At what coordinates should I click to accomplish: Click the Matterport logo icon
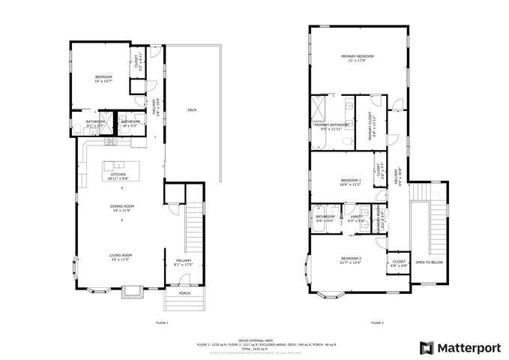426,347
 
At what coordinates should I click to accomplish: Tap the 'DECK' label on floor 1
192,110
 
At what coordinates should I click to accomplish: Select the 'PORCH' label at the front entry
184,293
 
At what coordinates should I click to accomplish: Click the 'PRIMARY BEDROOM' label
358,57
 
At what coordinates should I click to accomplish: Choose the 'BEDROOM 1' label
351,180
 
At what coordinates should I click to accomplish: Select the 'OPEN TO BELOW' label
429,262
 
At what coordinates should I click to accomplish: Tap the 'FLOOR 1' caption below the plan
161,322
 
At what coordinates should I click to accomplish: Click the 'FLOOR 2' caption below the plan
377,322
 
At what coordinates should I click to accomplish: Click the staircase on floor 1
194,225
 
